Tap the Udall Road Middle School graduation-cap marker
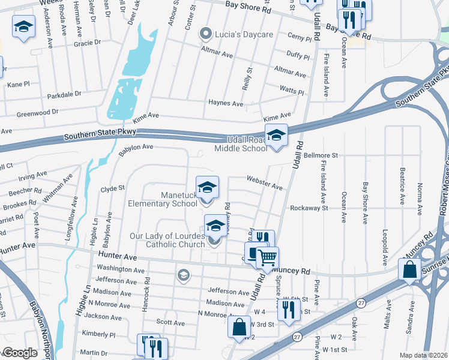click(x=276, y=135)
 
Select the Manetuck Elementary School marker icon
click(x=207, y=187)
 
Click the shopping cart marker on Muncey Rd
click(x=268, y=258)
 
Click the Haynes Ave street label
click(x=226, y=103)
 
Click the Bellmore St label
click(x=321, y=155)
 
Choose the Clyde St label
click(x=112, y=188)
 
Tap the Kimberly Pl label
click(x=98, y=334)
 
